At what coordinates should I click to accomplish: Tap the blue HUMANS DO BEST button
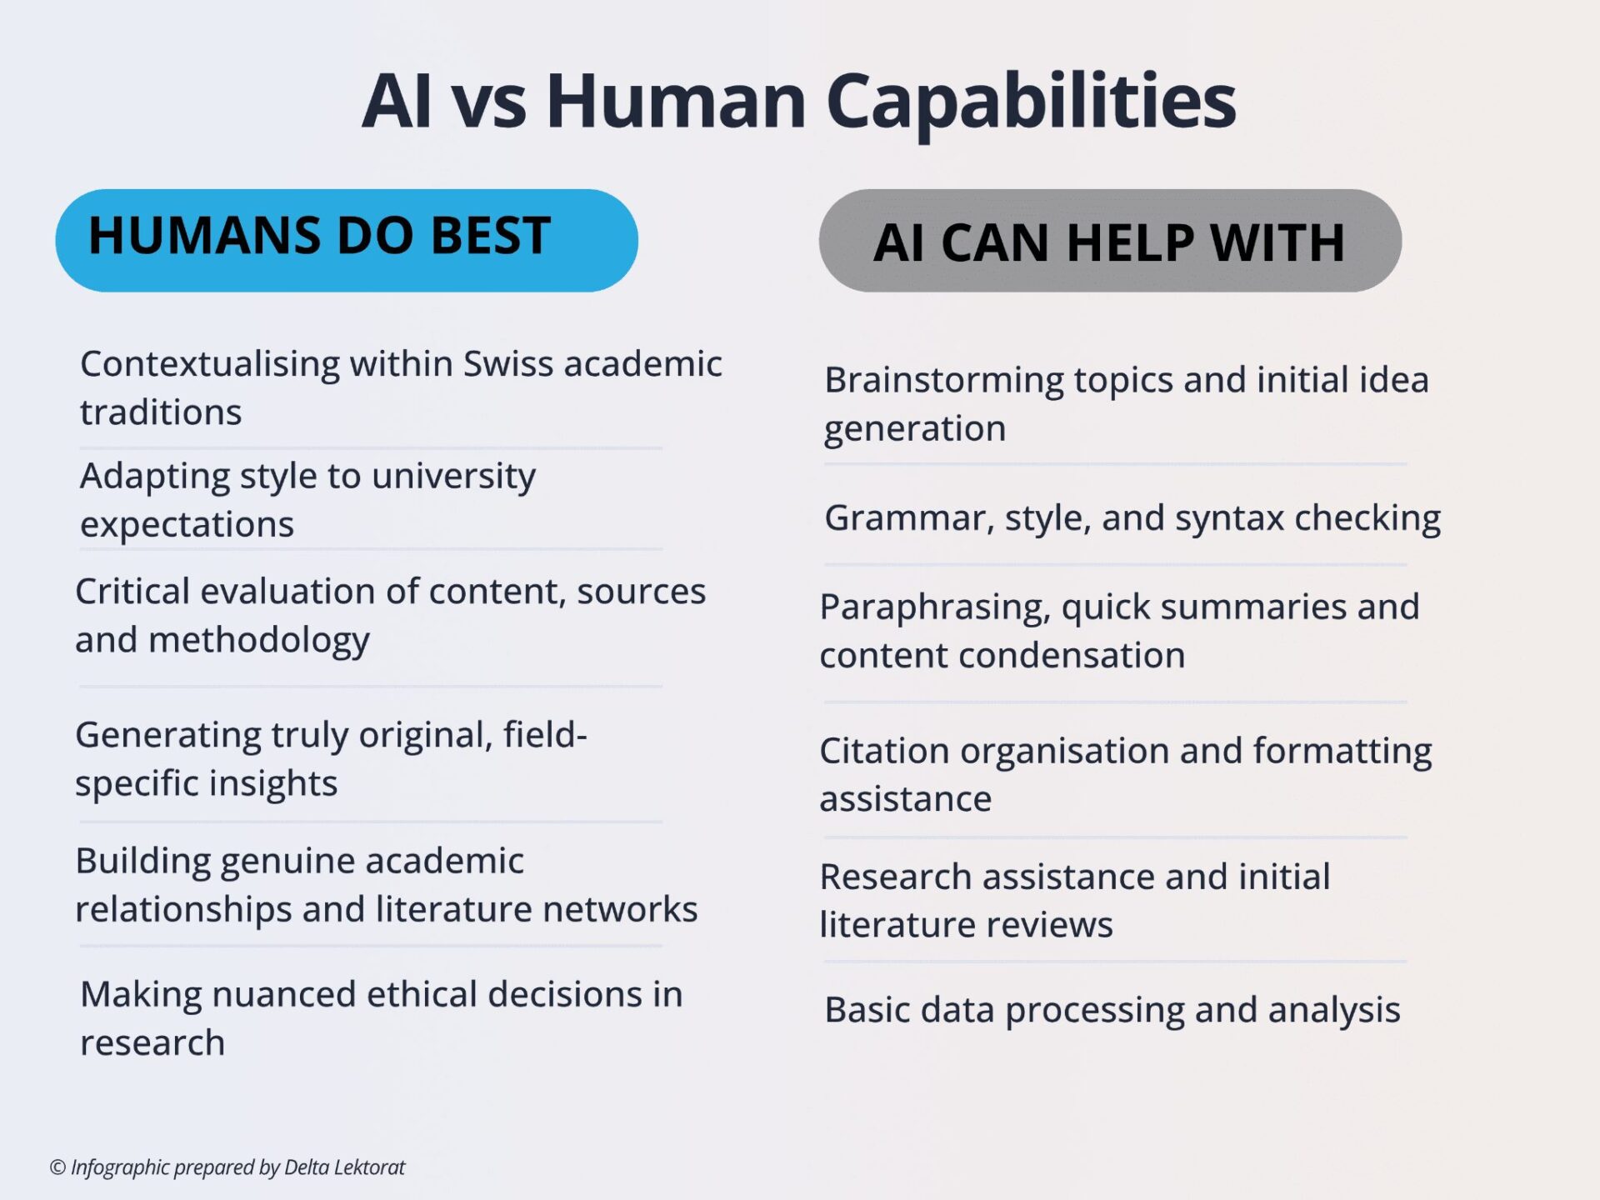347,240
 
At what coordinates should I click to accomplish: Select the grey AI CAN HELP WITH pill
1110,240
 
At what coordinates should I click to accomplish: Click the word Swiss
509,364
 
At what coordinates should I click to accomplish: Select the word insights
273,784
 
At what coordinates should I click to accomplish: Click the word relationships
183,910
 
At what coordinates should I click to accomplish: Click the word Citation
884,751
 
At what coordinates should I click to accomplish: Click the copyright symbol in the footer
57,1167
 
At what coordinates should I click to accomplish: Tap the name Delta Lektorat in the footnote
344,1167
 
